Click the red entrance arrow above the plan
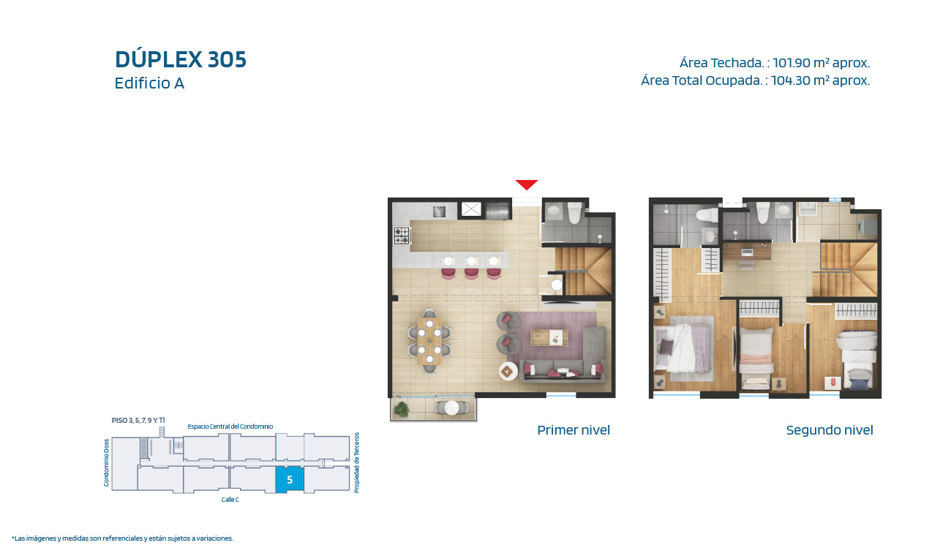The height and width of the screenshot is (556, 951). click(527, 184)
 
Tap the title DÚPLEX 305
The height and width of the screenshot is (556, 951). click(181, 59)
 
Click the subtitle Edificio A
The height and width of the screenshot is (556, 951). click(149, 83)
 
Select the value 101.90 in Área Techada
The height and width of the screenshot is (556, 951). click(792, 63)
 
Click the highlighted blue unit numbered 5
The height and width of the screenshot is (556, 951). click(290, 480)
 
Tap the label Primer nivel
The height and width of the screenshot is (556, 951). click(573, 430)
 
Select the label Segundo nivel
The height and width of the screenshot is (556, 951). click(830, 430)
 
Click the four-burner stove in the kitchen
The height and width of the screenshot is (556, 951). click(402, 236)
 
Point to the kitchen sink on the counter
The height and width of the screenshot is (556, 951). click(439, 211)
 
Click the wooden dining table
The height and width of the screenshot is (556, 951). click(429, 341)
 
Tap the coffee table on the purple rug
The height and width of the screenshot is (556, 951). click(549, 337)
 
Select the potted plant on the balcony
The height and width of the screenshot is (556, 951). click(401, 410)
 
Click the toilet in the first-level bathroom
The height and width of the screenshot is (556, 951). click(574, 212)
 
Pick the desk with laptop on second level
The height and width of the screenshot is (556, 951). click(747, 252)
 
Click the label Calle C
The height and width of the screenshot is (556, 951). click(230, 500)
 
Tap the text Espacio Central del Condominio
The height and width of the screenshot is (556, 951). click(230, 426)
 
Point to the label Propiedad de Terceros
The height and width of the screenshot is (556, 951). click(357, 462)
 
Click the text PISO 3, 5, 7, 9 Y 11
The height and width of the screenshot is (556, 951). click(138, 420)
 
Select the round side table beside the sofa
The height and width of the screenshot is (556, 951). click(508, 371)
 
